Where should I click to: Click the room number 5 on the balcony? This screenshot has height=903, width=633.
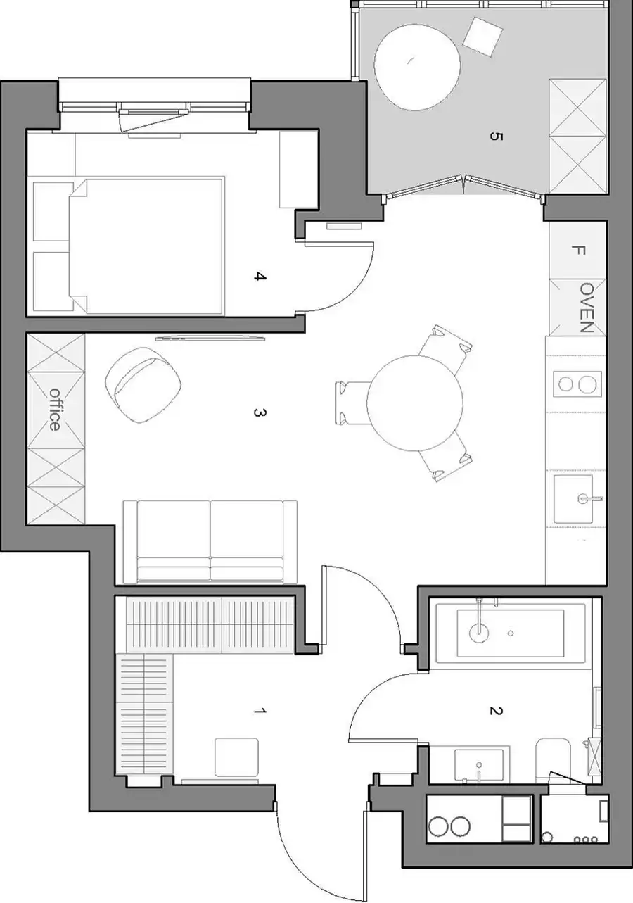coord(496,137)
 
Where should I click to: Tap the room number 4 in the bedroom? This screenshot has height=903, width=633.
coord(260,277)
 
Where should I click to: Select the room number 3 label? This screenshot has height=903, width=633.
coord(260,412)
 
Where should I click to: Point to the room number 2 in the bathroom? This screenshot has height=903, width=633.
coord(496,711)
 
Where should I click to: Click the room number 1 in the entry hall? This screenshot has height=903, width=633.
coord(260,711)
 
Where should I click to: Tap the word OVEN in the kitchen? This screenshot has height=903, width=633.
coord(587,307)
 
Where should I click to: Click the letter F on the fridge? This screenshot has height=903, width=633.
coord(578,251)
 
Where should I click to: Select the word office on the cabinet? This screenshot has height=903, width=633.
coord(55,409)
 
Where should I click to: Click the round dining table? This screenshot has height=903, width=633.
coord(414,403)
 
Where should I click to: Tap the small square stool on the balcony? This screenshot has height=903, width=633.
coord(482,37)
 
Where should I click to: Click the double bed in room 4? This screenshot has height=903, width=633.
coord(146,246)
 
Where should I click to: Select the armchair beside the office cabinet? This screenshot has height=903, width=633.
coord(143,385)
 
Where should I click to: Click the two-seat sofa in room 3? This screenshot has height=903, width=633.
coord(210,542)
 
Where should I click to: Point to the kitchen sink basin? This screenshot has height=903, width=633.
coord(573,499)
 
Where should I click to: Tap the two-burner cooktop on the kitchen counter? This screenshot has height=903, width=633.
coord(577,384)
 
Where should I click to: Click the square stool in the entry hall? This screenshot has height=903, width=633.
coord(236,757)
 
